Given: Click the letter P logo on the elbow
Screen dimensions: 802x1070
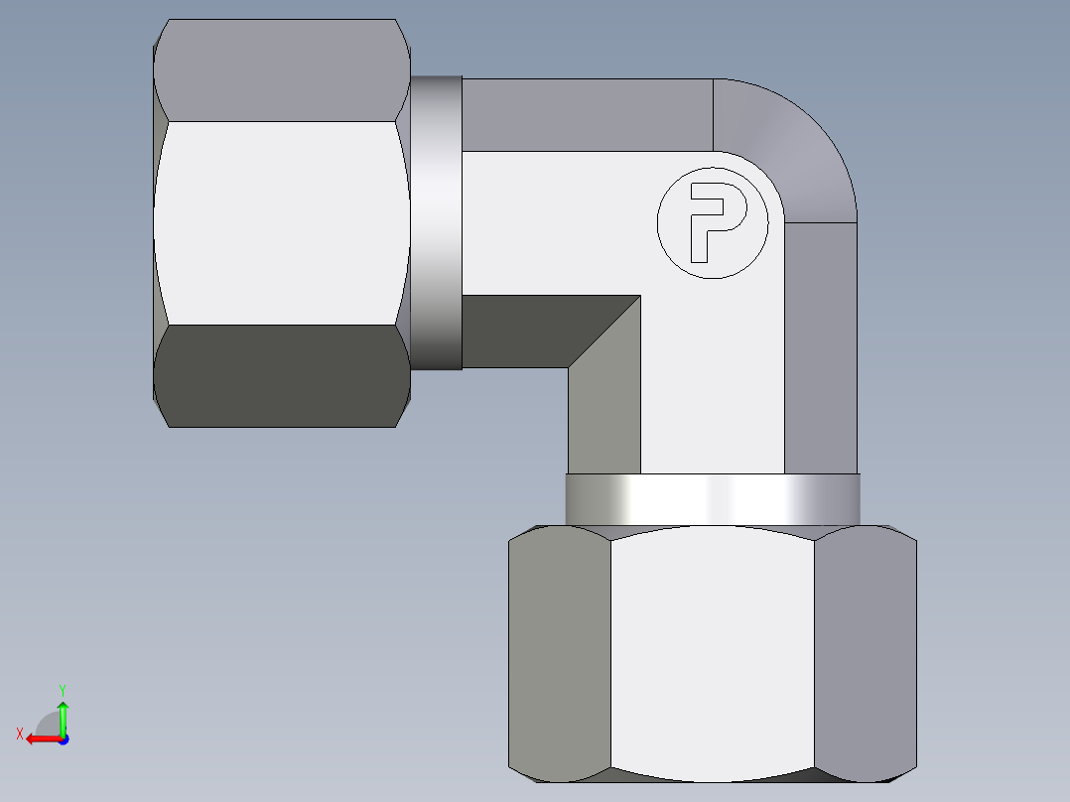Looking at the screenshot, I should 713,222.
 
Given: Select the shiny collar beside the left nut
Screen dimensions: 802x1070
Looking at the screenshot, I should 437,223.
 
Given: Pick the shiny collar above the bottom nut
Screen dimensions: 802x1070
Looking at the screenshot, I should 712,499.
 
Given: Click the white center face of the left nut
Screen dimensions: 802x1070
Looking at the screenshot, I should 283,223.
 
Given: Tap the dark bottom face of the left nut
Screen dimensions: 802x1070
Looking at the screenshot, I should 283,377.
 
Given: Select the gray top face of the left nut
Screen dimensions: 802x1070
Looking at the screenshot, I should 283,69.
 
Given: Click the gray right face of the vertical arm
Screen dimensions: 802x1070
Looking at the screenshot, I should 821,347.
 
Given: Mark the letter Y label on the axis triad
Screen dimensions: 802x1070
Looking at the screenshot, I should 62,689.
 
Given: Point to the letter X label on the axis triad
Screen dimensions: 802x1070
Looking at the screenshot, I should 19,734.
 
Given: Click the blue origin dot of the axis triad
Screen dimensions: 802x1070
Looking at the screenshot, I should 63,739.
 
